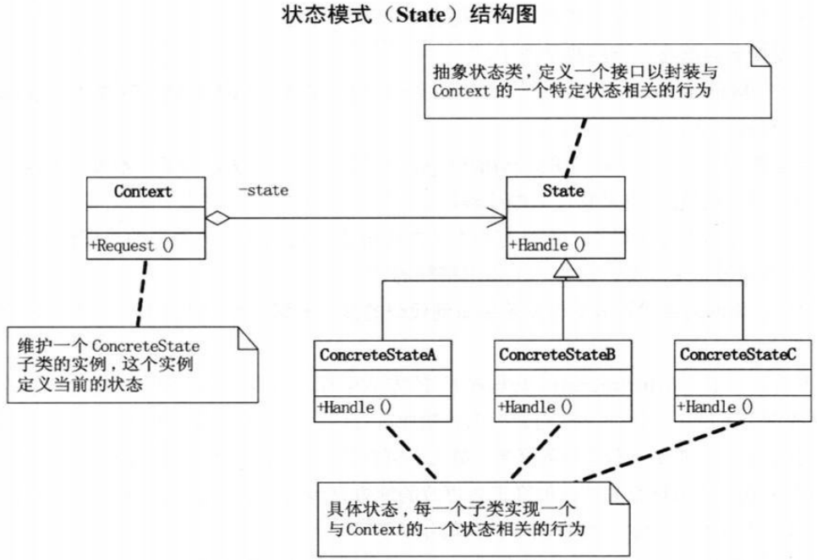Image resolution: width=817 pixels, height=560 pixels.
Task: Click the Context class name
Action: pyautogui.click(x=143, y=192)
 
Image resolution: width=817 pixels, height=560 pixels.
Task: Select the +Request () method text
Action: pyautogui.click(x=132, y=246)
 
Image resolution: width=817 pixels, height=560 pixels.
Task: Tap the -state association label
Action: pyautogui.click(x=263, y=190)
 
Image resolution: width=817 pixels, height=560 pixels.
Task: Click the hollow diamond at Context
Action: pyautogui.click(x=218, y=218)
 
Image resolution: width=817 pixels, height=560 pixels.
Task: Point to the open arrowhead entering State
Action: pyautogui.click(x=496, y=217)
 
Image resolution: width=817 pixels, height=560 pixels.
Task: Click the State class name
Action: pyautogui.click(x=563, y=190)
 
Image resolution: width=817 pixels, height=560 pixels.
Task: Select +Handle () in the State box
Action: pyautogui.click(x=547, y=244)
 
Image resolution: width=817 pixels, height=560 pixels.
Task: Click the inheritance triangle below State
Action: pyautogui.click(x=565, y=268)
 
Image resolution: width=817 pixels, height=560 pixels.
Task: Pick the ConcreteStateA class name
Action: pyautogui.click(x=378, y=355)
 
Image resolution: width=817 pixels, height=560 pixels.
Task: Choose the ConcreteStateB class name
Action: pyautogui.click(x=557, y=354)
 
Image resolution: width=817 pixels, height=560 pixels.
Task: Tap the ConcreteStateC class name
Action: pyautogui.click(x=737, y=354)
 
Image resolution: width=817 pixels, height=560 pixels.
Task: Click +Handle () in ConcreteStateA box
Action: pyautogui.click(x=354, y=407)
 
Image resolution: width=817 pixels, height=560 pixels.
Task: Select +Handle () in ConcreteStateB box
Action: pyautogui.click(x=535, y=406)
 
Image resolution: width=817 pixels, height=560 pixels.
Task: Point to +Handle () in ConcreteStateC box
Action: pyautogui.click(x=716, y=406)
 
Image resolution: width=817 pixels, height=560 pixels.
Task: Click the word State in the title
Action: pyautogui.click(x=421, y=14)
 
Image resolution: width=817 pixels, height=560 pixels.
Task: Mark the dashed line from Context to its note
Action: pyautogui.click(x=142, y=293)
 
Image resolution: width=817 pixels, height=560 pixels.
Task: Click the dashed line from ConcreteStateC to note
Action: pyautogui.click(x=663, y=451)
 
